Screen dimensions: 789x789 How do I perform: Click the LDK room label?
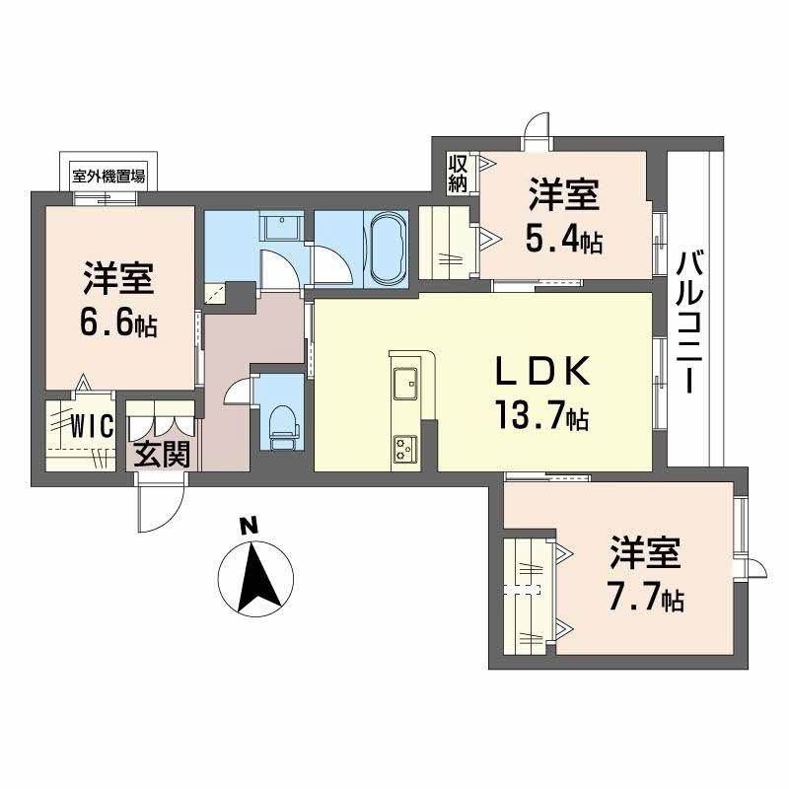pos(542,372)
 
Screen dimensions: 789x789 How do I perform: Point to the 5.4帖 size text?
pos(564,239)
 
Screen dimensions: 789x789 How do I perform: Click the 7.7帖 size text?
pos(646,597)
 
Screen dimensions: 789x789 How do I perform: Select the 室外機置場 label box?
pos(108,178)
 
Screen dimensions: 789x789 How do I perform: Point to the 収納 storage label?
pos(458,174)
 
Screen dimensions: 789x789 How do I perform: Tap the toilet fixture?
pos(281,423)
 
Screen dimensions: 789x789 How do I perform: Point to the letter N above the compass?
pos(251,526)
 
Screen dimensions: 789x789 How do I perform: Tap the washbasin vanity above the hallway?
pos(282,229)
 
